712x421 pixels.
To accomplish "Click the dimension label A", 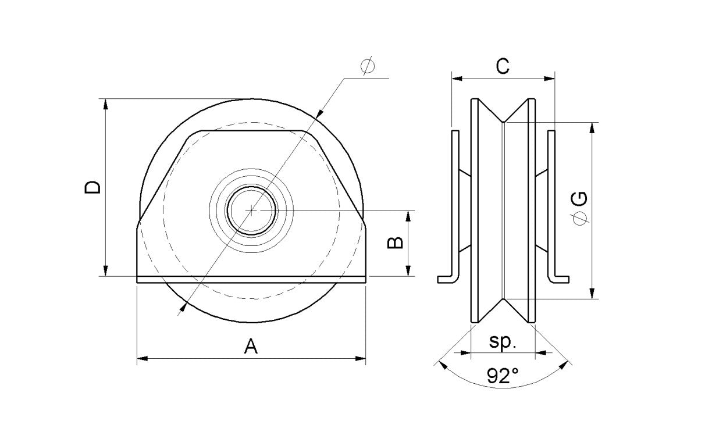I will coord(251,347).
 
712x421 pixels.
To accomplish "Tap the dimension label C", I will coord(503,66).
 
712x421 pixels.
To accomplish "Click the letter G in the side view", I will coord(579,199).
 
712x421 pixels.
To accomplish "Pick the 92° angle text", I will coord(503,377).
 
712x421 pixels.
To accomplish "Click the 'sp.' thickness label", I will coord(503,342).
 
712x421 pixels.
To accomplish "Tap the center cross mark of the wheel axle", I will coord(251,210).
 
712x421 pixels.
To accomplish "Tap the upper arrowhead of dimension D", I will coord(105,104).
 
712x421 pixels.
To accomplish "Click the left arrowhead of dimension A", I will coord(141,359).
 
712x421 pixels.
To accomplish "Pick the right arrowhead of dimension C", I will coord(550,78).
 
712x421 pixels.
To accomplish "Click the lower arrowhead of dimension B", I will coord(409,271).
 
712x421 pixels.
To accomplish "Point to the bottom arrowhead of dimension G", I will coord(592,294).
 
